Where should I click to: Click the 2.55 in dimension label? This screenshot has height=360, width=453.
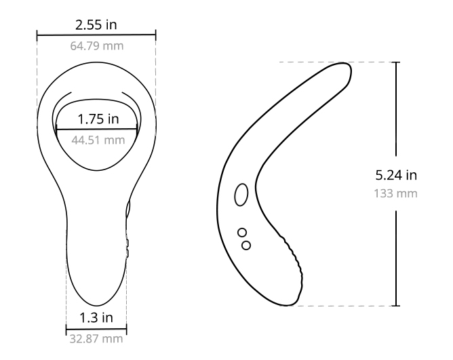coord(96,25)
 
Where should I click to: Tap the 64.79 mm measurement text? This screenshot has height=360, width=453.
coord(97,46)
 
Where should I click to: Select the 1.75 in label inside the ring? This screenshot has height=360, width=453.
coord(98,119)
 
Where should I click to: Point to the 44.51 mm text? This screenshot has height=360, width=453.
coord(98,140)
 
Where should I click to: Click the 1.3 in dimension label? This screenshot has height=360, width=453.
coord(96,318)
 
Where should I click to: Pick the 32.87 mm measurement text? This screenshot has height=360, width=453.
coord(96,339)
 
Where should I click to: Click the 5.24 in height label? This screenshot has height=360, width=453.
coord(396,175)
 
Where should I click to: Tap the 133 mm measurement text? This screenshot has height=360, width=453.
coord(396,194)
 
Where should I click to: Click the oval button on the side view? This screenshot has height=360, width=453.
coord(241,195)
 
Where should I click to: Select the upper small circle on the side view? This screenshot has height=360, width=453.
coord(242,233)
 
